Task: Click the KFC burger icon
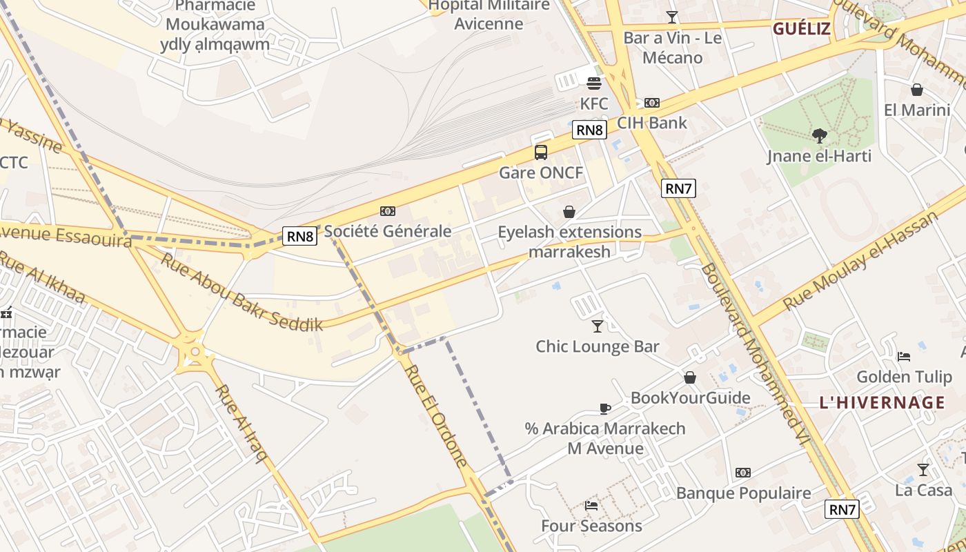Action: coord(594,83)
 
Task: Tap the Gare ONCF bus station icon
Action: coord(541,152)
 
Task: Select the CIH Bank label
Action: coord(652,123)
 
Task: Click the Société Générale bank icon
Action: coord(388,211)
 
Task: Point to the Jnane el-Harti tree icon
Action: coord(820,135)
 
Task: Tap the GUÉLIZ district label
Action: coord(801,28)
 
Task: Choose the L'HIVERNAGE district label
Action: coord(882,402)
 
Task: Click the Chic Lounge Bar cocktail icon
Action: coord(598,326)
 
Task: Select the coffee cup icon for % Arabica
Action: coord(605,408)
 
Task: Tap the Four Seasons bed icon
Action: coord(591,506)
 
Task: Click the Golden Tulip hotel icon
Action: coord(904,357)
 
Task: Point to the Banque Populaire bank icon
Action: coord(743,473)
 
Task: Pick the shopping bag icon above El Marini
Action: coord(917,90)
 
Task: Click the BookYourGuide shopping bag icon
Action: coord(690,377)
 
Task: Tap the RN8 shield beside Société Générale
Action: coord(299,237)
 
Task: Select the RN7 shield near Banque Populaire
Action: coord(842,510)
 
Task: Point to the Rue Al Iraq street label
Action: coord(241,423)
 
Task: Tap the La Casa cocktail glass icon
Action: coord(923,470)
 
